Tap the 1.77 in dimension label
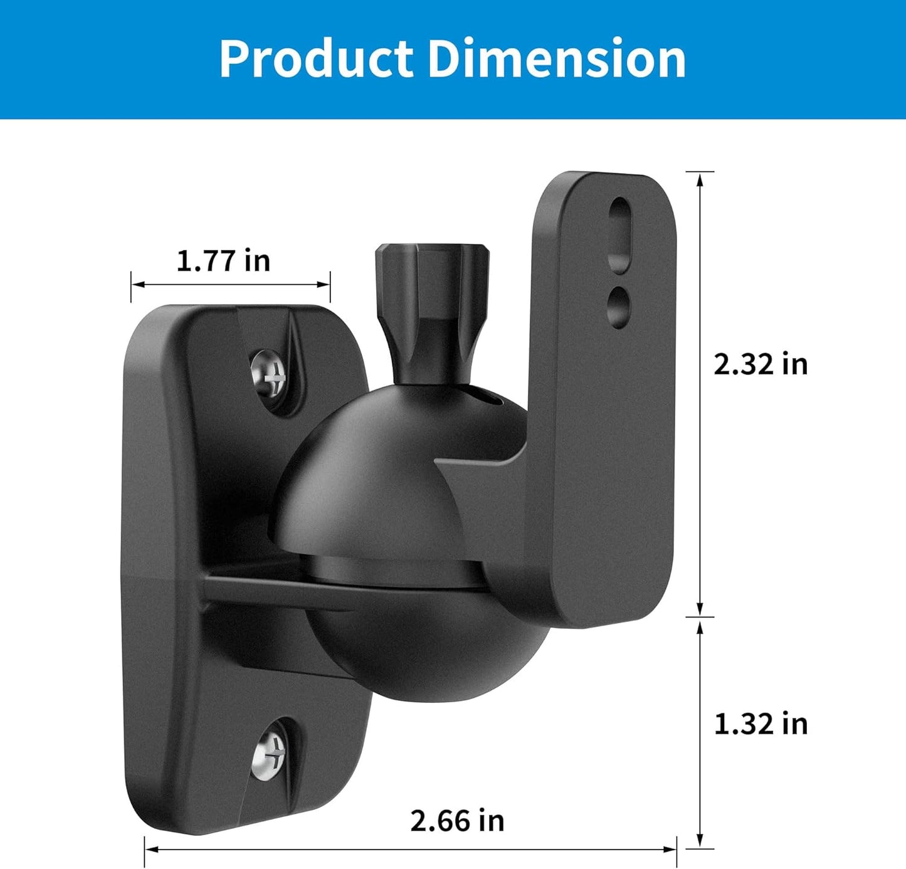[223, 260]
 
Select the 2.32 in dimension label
[761, 364]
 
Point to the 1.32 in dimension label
[761, 724]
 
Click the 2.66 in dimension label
[457, 821]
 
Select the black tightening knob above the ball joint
[432, 307]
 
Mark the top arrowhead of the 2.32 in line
[700, 179]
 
